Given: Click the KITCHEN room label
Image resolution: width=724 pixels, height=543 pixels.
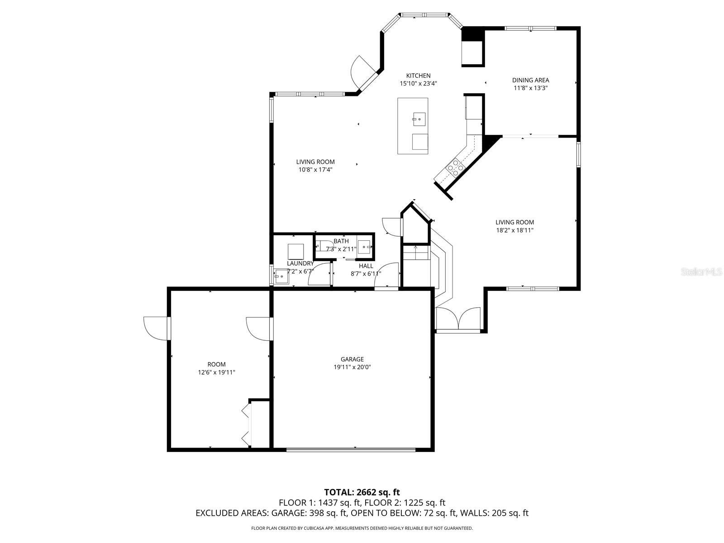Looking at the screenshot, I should coord(418,76).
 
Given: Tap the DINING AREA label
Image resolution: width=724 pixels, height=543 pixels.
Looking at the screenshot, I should coord(530,80).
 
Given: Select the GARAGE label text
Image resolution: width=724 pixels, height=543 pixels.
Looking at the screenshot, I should coord(352,359).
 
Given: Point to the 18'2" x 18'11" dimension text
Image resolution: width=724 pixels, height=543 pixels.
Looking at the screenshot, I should coord(514,230).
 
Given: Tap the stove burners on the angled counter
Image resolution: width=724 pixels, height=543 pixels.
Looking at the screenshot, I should coord(455,168).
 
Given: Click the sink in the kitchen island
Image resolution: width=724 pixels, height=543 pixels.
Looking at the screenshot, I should coord(419,120).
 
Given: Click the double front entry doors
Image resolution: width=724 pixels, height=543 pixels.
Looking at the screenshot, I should coord(458,319).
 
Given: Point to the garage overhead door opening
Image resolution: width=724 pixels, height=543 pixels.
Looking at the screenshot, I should coord(351,449).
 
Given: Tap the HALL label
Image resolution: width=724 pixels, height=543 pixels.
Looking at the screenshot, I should coord(366,266).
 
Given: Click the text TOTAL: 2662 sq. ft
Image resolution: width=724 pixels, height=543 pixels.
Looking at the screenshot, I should coord(362,492).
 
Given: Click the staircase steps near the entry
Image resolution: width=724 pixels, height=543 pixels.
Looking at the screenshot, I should coord(416,253).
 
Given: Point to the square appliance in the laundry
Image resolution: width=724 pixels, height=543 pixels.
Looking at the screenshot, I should coord(295,252).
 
